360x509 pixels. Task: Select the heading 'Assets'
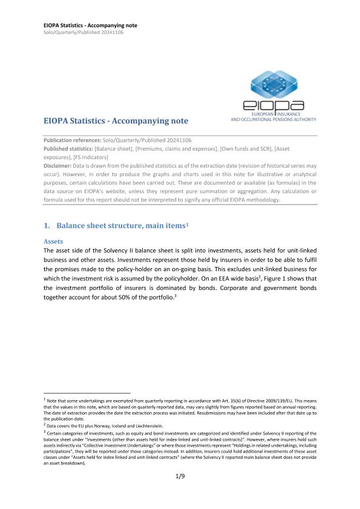pos(55,240)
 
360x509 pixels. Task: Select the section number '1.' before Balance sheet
pos(47,226)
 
